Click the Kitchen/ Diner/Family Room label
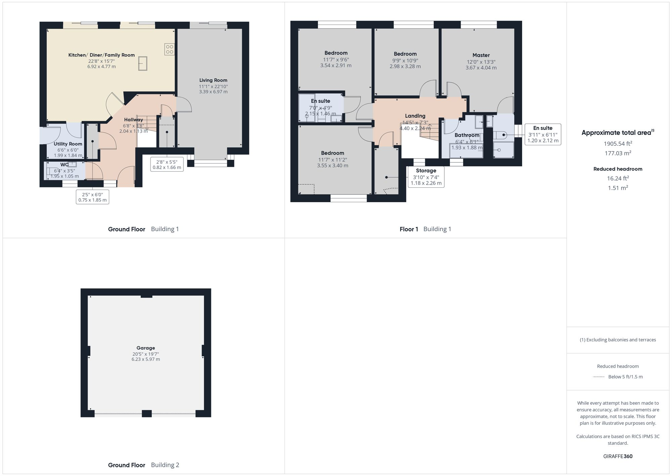[101, 55]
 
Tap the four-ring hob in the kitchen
[169, 49]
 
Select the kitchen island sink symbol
[143, 64]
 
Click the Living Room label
[213, 80]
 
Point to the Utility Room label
[68, 144]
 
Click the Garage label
[145, 348]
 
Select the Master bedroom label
[481, 55]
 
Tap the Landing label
[415, 116]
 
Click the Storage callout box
[426, 177]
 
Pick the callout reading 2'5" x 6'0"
[92, 197]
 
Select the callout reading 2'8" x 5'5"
[167, 164]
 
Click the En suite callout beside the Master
[543, 134]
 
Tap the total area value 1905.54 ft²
[618, 144]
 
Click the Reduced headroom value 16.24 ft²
[618, 179]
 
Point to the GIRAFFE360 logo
[618, 456]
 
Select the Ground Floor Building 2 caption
[143, 465]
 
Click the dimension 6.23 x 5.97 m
[145, 359]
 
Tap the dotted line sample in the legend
[599, 377]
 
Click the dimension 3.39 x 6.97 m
[213, 92]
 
